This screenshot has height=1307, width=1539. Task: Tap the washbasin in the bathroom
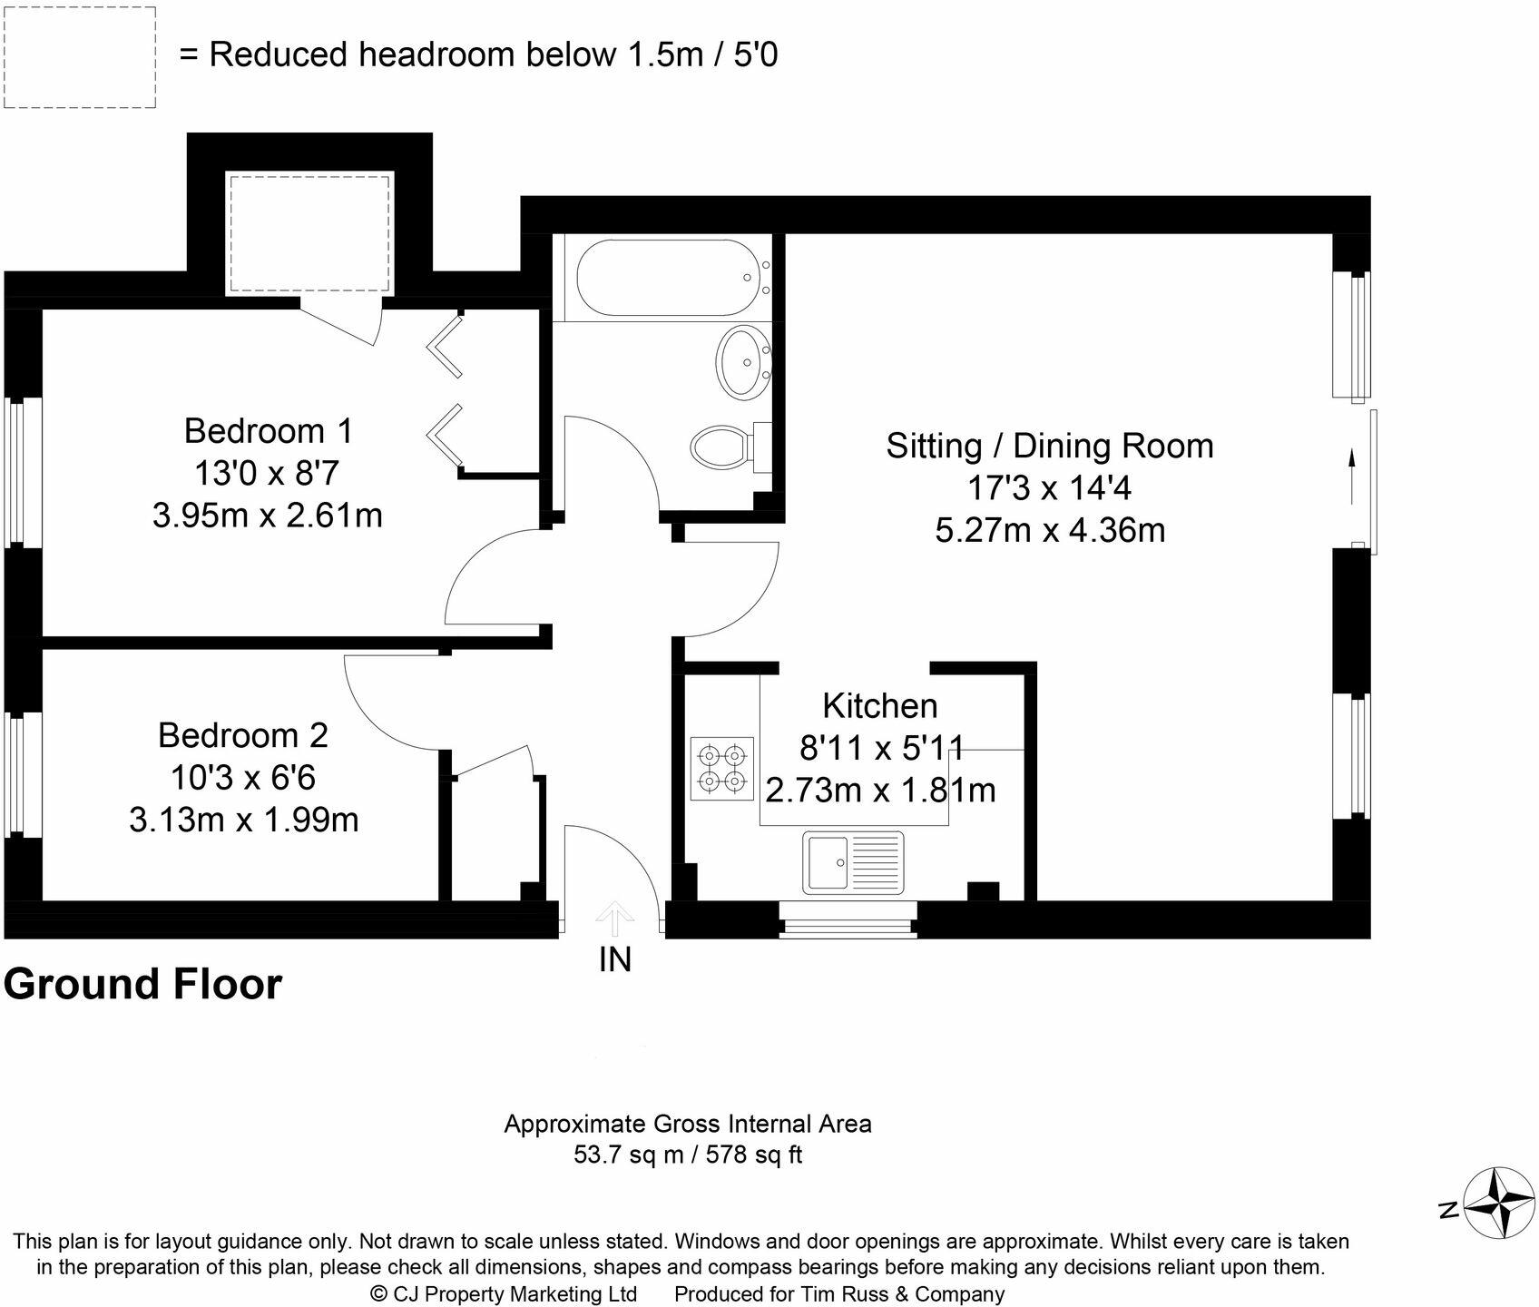(x=744, y=361)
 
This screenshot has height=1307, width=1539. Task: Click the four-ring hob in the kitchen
(x=722, y=768)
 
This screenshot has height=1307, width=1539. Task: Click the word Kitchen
(x=879, y=705)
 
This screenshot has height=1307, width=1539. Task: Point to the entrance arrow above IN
(x=615, y=919)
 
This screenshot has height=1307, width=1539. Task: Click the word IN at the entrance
(x=615, y=959)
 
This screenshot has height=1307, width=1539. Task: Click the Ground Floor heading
(x=143, y=984)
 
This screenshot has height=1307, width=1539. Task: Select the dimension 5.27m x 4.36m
(x=1050, y=530)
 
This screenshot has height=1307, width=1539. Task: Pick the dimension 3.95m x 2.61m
(x=268, y=516)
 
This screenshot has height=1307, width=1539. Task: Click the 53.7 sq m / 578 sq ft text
(x=688, y=1155)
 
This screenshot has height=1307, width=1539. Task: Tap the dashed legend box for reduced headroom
(x=80, y=58)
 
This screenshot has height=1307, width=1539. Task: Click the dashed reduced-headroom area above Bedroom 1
(x=309, y=234)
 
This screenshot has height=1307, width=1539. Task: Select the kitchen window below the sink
(x=848, y=919)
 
